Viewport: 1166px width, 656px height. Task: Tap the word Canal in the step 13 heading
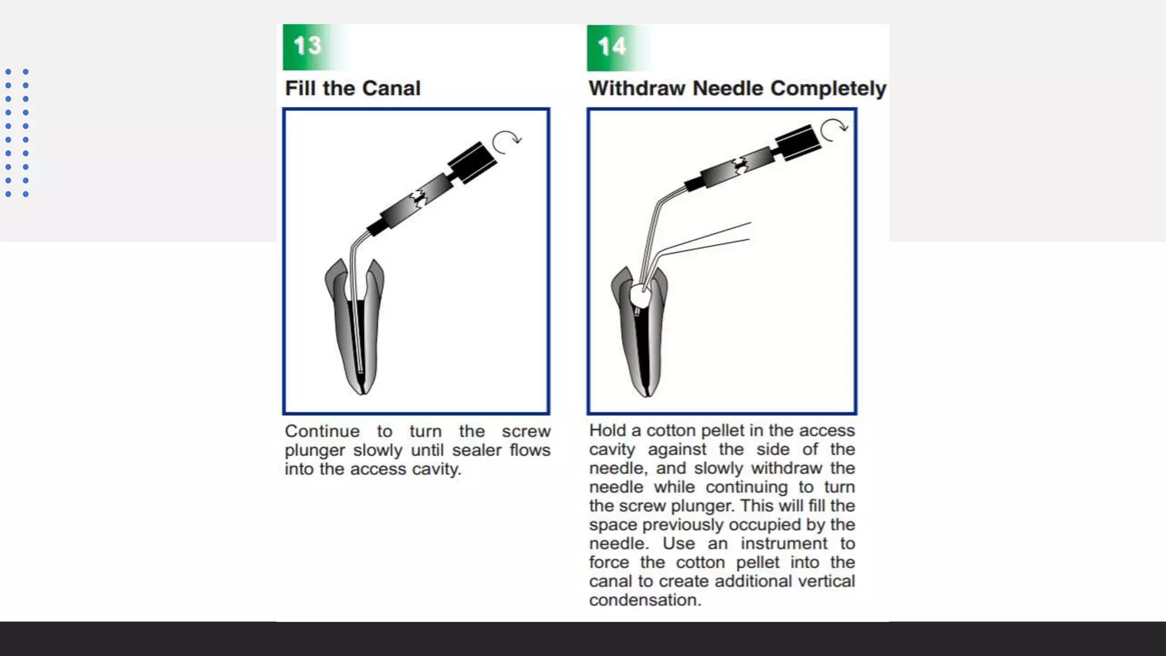pyautogui.click(x=391, y=88)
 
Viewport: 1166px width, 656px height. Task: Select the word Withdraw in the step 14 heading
pyautogui.click(x=637, y=88)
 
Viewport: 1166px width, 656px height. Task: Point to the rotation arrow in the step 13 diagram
pyautogui.click(x=506, y=142)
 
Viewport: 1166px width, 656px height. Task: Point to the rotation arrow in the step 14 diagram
pyautogui.click(x=834, y=129)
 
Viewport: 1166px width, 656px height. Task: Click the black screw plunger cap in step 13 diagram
pyautogui.click(x=472, y=162)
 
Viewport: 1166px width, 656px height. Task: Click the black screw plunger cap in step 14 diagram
pyautogui.click(x=798, y=142)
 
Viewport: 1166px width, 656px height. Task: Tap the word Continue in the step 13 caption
pyautogui.click(x=322, y=432)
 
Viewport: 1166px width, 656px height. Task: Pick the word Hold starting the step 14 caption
pyautogui.click(x=607, y=430)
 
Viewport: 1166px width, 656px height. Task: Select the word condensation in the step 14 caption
pyautogui.click(x=644, y=600)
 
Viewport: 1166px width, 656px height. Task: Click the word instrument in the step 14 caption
pyautogui.click(x=784, y=544)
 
